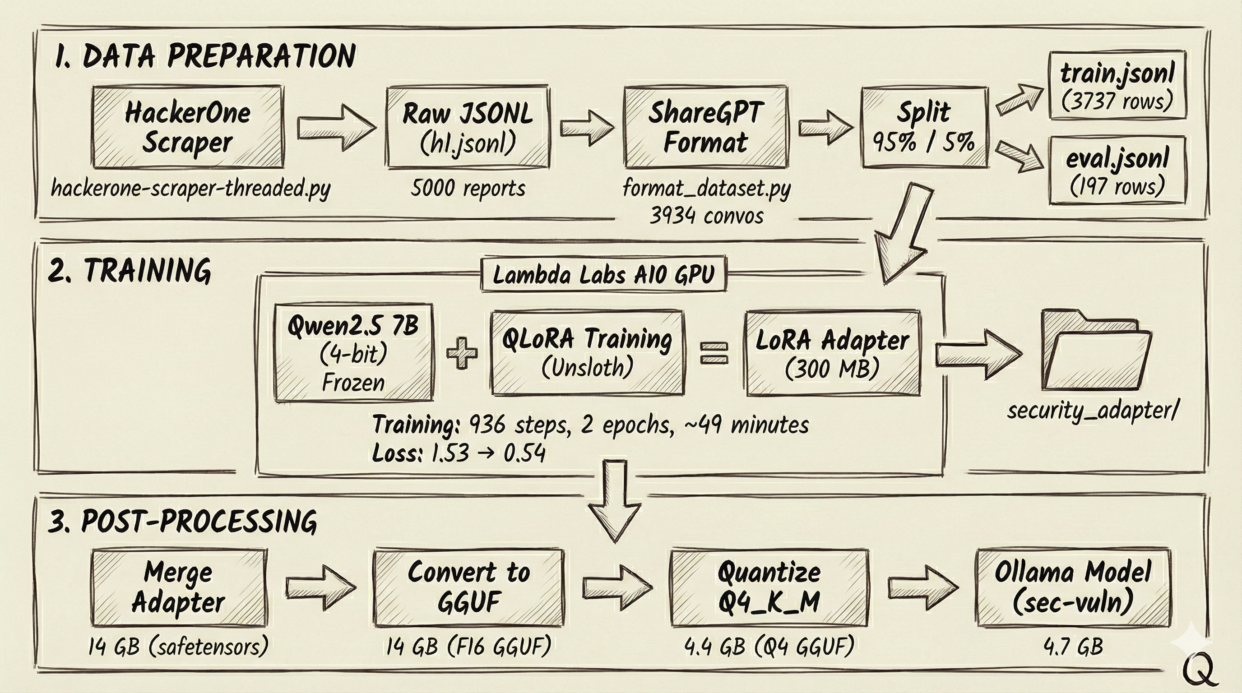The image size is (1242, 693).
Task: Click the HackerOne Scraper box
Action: pos(188,127)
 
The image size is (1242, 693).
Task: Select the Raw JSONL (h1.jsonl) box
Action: pos(467,127)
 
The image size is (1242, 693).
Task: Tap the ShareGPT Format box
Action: pos(705,127)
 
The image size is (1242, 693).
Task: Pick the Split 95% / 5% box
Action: pos(924,127)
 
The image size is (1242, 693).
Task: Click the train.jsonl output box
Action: pos(1117,86)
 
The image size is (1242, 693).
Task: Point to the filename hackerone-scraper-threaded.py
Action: pos(190,188)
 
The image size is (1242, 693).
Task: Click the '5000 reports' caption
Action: pos(468,188)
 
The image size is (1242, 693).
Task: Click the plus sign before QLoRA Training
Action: pos(461,353)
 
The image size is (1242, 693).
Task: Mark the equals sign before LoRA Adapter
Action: pos(714,353)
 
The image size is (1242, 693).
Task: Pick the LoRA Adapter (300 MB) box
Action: pos(833,353)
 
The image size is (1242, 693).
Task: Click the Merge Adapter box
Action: pos(178,588)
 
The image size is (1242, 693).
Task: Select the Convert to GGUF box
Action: pos(468,588)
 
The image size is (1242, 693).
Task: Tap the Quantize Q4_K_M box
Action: pos(769,588)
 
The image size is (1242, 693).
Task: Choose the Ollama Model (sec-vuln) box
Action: pos(1072,588)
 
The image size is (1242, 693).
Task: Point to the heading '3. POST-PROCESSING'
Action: pos(182,522)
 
